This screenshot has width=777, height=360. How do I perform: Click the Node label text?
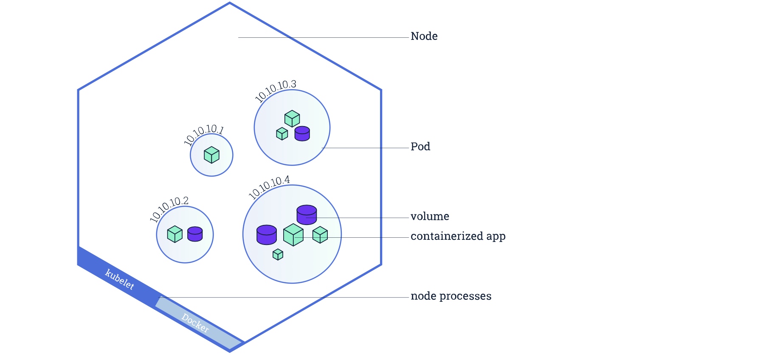(424, 37)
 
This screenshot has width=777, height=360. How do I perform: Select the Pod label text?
(420, 147)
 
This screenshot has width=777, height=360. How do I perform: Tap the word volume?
(430, 217)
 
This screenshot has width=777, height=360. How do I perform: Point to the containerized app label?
(458, 236)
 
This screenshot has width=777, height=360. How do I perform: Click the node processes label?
(451, 296)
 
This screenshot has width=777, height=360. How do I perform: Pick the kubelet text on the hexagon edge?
(120, 279)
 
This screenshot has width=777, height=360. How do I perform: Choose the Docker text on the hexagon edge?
(195, 323)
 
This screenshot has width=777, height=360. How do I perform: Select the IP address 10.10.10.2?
(169, 208)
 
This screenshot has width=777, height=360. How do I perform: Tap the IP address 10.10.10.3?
(275, 90)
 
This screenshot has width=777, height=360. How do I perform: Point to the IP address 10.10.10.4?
(269, 187)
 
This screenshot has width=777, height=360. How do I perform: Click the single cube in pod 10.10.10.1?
(211, 155)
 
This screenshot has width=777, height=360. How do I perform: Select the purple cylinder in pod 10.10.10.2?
(195, 234)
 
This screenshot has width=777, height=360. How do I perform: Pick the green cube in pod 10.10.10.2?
(175, 234)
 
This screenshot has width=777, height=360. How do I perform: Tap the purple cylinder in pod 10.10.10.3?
(302, 133)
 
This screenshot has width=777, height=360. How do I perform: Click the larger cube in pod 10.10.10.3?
(292, 118)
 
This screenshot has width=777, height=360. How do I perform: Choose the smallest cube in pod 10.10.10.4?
(278, 254)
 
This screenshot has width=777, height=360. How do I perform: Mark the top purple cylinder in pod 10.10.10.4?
(307, 214)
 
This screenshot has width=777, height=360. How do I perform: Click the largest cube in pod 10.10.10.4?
(293, 235)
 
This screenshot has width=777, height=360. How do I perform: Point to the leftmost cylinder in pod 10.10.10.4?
(267, 235)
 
